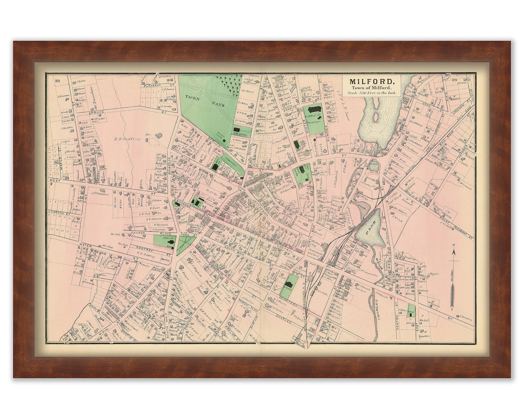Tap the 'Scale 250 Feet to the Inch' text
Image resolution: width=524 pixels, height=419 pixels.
371,93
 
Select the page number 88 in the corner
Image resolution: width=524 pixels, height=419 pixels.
58,81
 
